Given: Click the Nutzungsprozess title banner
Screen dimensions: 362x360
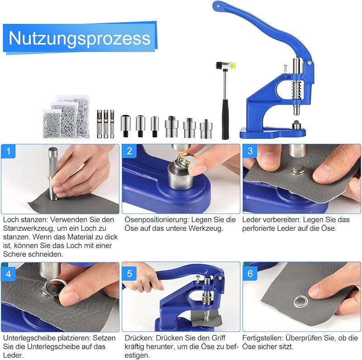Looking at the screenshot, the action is [x=80, y=38].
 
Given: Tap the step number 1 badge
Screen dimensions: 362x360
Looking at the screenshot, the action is [x=8, y=152].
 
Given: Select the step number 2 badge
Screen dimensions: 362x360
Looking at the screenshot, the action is [x=129, y=151].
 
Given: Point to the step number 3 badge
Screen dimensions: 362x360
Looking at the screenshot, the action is [x=250, y=151].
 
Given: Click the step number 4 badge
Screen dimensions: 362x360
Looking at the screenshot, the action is [x=8, y=274].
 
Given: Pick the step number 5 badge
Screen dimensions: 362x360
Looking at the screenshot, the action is [x=129, y=274].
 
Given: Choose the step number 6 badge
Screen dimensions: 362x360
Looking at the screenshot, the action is [x=250, y=274].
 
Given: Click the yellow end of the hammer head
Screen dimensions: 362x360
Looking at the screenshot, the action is [x=234, y=66].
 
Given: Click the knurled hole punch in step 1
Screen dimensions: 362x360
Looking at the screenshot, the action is [x=53, y=174].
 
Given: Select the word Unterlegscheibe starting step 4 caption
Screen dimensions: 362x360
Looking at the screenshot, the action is [x=30, y=338].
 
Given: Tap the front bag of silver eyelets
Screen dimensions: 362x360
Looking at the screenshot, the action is [x=52, y=124].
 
